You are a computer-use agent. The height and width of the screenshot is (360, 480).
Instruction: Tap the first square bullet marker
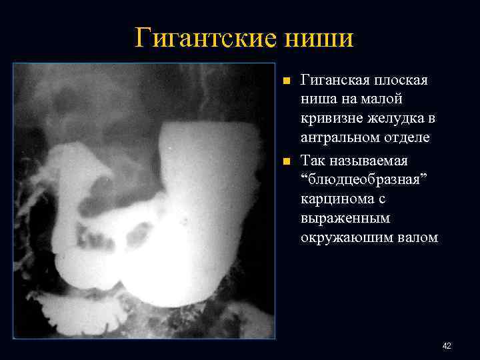point(286,81)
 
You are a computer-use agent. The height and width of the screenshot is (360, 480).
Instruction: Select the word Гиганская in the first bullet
point(332,80)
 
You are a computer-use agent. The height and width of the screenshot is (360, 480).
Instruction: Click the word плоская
point(399,80)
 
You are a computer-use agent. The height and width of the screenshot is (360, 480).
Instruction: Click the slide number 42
point(447,346)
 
